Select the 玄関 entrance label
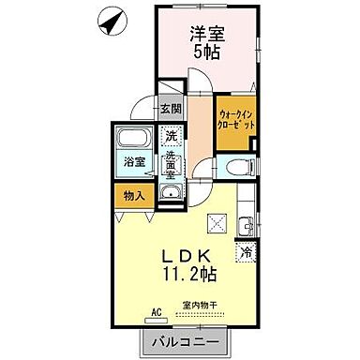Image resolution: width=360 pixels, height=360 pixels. (x=171, y=108)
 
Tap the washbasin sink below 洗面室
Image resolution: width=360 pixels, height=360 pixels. (x=171, y=194)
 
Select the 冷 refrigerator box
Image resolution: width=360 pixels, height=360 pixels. (x=246, y=251)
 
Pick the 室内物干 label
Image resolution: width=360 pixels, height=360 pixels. (x=200, y=305)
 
